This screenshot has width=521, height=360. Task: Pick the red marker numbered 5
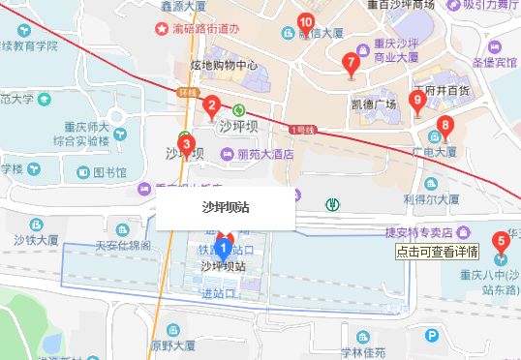pyautogui.click(x=501, y=242)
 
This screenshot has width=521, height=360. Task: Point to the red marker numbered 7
pyautogui.click(x=351, y=65)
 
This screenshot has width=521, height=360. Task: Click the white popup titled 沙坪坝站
pyautogui.click(x=226, y=207)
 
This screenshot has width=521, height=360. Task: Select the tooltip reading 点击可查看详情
pyautogui.click(x=438, y=252)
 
